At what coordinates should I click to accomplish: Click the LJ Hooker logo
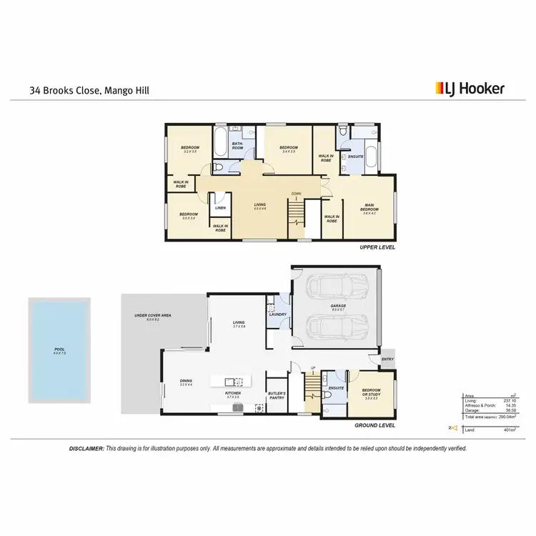470,89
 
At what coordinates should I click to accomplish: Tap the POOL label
59,351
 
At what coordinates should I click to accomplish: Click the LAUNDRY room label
278,314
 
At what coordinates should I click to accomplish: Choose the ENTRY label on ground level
388,359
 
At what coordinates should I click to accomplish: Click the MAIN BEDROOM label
369,209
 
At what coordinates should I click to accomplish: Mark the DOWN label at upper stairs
296,194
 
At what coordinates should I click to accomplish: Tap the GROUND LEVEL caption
375,425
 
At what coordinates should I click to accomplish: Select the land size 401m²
490,430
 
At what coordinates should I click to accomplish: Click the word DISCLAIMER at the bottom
86,448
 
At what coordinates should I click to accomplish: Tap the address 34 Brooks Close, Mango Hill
89,91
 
